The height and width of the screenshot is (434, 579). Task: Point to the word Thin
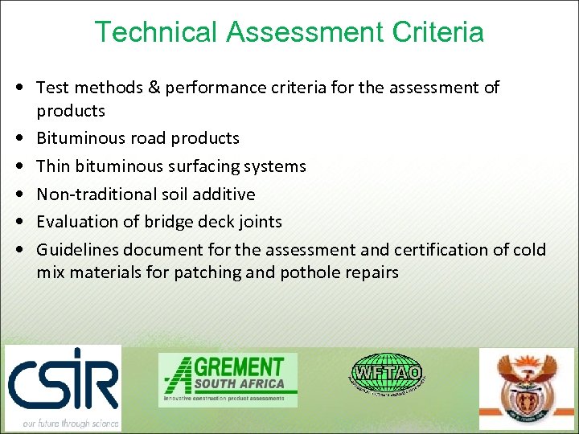[x=53, y=166]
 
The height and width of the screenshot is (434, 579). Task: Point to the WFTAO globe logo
[x=387, y=373]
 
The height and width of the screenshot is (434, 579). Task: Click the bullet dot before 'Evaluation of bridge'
[x=18, y=222]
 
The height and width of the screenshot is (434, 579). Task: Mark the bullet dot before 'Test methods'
[x=18, y=88]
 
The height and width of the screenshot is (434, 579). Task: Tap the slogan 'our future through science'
[x=71, y=423]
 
